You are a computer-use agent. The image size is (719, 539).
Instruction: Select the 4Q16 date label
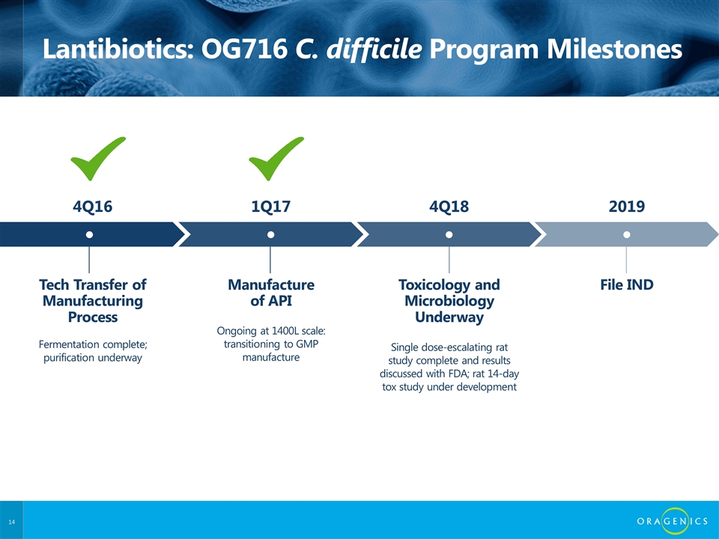coord(93,207)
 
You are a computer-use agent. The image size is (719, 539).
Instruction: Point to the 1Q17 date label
coord(271,207)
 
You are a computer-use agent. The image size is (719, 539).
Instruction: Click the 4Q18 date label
coord(449,207)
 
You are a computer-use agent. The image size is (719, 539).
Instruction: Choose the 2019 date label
coord(627,207)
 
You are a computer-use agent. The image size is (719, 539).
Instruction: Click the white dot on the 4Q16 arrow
coord(89,234)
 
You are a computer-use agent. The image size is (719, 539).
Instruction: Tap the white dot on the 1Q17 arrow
coord(270,234)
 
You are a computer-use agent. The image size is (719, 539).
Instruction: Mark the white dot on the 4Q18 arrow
coord(449,234)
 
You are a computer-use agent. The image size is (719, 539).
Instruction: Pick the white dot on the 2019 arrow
coord(626,234)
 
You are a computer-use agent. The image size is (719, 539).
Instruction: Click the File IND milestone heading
coord(627,284)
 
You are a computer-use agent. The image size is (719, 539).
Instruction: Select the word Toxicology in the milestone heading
coord(434,285)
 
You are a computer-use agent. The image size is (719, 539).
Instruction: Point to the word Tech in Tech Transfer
coord(54,284)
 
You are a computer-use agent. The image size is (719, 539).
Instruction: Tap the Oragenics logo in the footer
coord(673,521)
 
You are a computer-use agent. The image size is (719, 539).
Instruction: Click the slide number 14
coord(11,522)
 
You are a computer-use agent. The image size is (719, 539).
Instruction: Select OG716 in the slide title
coord(244,49)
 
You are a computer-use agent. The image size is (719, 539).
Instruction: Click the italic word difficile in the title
coord(374,49)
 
